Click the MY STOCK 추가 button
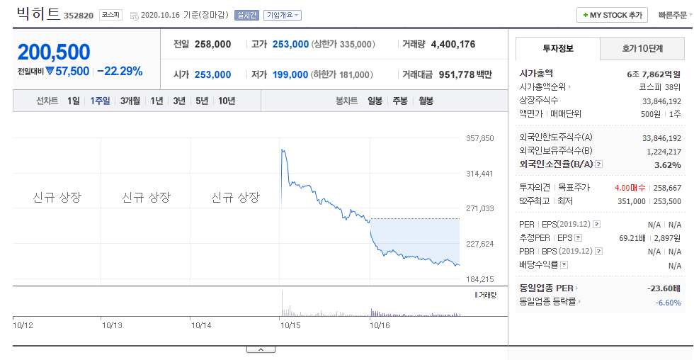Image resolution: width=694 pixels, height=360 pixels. [612, 15]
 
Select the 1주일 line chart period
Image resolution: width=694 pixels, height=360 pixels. [100, 101]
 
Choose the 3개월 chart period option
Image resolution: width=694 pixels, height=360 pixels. [130, 101]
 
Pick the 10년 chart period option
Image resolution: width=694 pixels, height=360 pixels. [227, 101]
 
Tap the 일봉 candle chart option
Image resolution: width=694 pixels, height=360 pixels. [375, 101]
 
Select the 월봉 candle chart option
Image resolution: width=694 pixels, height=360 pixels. [426, 101]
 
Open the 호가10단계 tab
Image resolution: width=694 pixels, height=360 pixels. [642, 48]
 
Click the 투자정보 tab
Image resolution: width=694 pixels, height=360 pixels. [558, 48]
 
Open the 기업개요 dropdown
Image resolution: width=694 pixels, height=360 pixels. [283, 15]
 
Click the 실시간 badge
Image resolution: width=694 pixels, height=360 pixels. [246, 15]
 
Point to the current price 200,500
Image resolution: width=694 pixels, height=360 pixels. [54, 52]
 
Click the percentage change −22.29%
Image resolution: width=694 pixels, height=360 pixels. [120, 72]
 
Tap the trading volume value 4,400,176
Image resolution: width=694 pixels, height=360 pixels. [453, 44]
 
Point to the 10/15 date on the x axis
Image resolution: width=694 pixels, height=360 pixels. [290, 325]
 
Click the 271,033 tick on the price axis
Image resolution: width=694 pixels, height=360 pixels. [480, 208]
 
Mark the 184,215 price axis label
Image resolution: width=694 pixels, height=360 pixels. [480, 279]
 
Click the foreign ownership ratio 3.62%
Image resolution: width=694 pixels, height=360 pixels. [667, 165]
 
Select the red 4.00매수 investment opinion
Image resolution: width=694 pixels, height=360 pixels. [630, 188]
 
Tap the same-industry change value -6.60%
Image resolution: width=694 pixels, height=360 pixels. [669, 303]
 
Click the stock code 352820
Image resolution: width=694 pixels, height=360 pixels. [79, 16]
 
